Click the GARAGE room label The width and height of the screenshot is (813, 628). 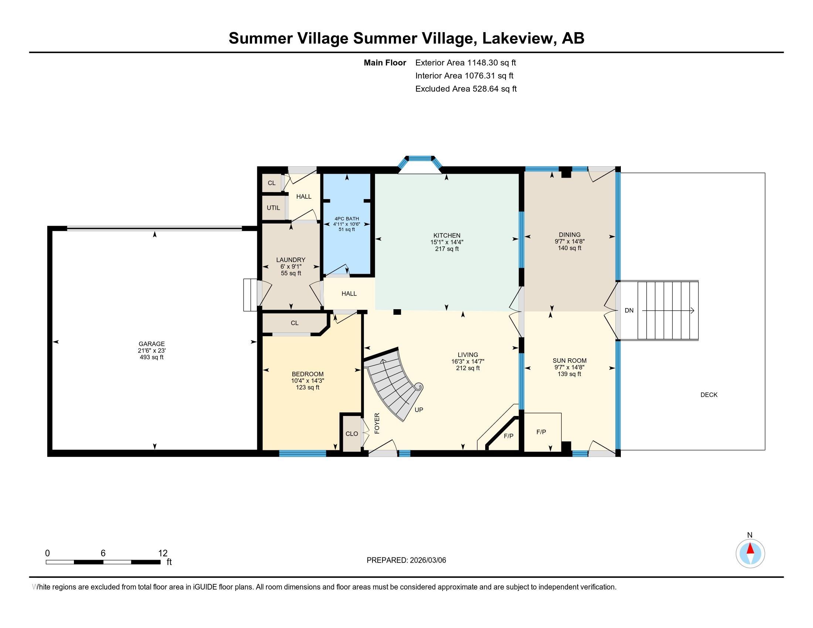(x=152, y=344)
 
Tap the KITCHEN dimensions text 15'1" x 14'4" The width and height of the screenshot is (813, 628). (x=447, y=242)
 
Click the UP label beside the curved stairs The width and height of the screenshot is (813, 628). (x=419, y=410)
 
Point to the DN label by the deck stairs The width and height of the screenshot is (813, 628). (x=629, y=310)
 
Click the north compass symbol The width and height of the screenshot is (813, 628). (x=750, y=553)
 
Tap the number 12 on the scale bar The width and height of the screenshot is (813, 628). (x=163, y=553)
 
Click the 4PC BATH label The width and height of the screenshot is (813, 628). (x=347, y=219)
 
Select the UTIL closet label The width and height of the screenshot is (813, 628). (x=273, y=208)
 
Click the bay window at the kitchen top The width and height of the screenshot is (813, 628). (x=420, y=163)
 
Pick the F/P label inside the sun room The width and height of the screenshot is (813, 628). (x=541, y=432)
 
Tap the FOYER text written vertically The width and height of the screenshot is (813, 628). (x=377, y=423)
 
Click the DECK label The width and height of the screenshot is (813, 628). (x=709, y=395)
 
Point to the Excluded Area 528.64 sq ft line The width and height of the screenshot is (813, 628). (x=466, y=89)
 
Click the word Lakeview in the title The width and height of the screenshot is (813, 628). (x=517, y=38)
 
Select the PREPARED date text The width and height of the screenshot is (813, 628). (x=406, y=560)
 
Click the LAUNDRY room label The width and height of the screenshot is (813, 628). (x=291, y=260)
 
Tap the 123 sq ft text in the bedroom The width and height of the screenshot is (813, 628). (x=307, y=387)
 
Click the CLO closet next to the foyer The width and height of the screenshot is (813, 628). (x=351, y=433)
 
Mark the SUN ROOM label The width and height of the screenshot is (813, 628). (x=569, y=361)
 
